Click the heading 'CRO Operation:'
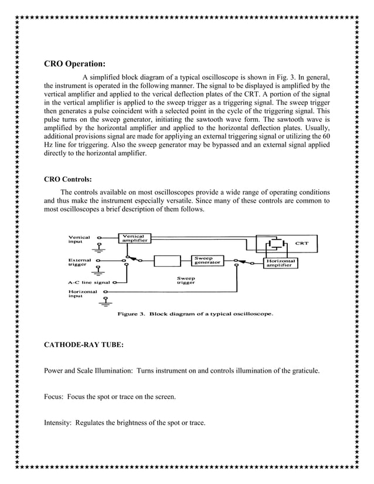tap(75, 64)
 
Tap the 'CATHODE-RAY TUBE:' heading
tap(84, 345)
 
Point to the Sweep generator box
tap(208, 260)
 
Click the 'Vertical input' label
tap(80, 240)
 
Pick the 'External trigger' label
tap(80, 261)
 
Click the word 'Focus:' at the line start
tap(55, 397)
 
